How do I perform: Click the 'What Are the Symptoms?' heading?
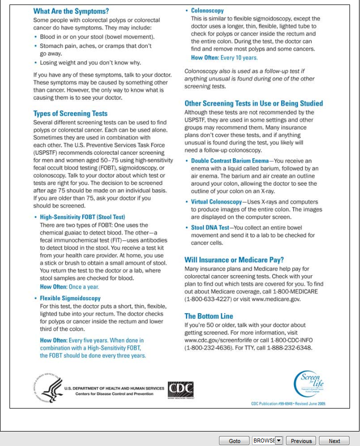pos(71,11)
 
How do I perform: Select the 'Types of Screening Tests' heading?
pos(70,114)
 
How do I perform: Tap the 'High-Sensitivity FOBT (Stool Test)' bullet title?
pos(82,217)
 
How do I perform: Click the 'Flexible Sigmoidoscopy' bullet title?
pos(70,298)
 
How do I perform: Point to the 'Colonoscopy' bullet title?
pos(207,10)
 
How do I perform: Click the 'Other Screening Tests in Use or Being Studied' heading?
pos(253,103)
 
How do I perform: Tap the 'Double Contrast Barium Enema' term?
pos(229,161)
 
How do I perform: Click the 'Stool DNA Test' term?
pos(209,227)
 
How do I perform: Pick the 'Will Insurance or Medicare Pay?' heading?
pos(234,260)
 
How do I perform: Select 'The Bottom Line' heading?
pos(208,316)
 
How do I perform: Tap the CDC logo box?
pos(180,389)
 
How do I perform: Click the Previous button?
pos(301,441)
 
